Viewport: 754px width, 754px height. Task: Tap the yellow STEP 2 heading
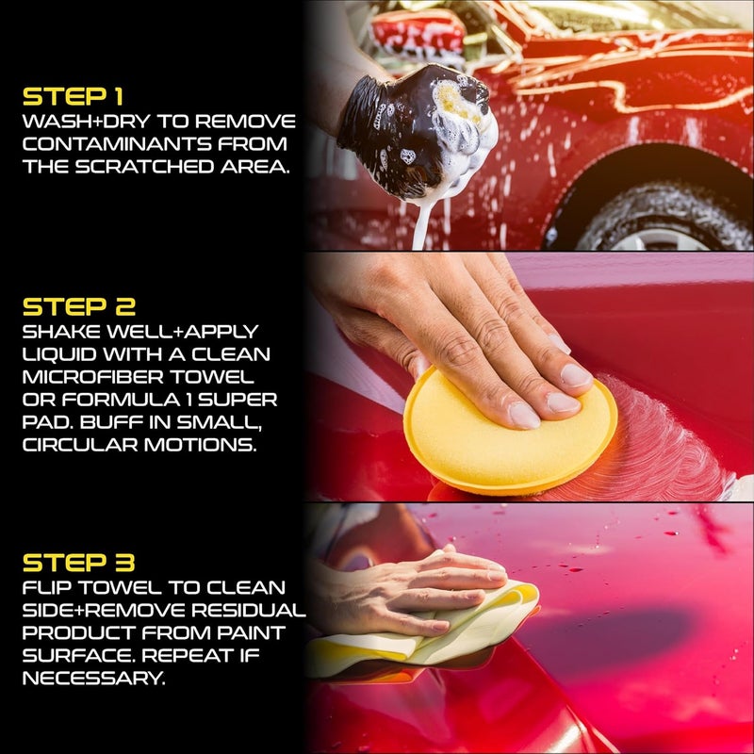[x=79, y=307]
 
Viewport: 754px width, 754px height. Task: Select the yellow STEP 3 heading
[x=79, y=564]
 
